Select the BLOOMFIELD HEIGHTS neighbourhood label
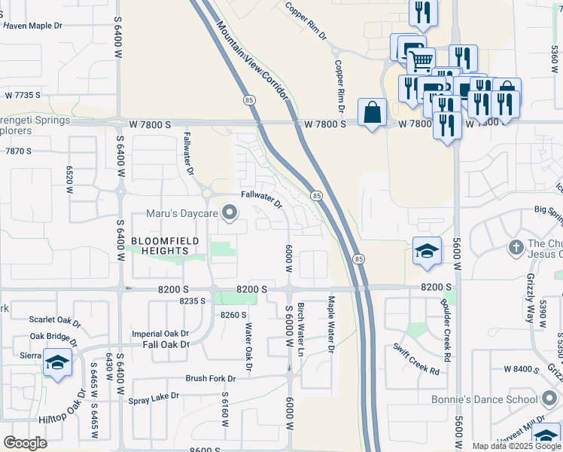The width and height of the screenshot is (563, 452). point(166,246)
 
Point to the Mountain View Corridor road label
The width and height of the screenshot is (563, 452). point(253,62)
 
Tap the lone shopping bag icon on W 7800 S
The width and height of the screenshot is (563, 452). point(372,113)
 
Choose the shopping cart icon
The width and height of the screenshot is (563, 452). point(421,60)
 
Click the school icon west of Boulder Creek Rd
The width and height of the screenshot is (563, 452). point(427,252)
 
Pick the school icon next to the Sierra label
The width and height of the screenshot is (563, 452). point(57,362)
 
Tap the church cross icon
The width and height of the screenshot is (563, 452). point(516,246)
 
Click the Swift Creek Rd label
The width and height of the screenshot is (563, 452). point(416,358)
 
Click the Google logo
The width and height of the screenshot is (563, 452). point(25,443)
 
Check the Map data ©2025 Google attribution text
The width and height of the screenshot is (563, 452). point(516,446)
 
